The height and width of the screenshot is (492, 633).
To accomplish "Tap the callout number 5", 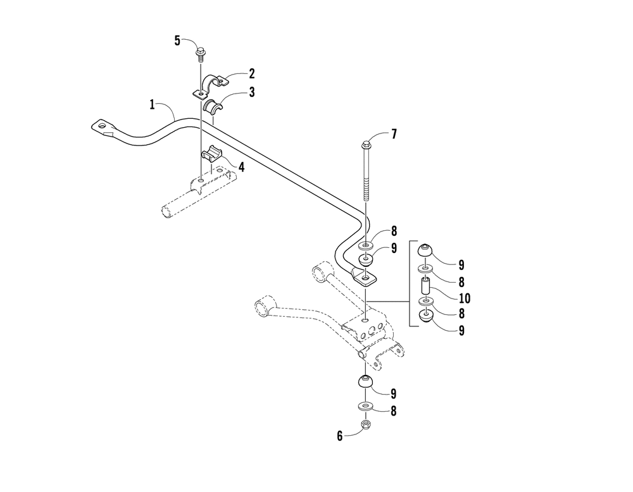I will point(177,41).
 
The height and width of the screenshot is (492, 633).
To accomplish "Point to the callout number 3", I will point(251,92).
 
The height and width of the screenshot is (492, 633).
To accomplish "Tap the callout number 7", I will point(394,134).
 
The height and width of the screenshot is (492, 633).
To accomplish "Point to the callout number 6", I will point(339,436).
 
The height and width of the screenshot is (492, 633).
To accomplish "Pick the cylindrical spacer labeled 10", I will point(426,292).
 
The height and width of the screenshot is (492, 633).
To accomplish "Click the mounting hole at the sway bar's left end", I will point(102,125).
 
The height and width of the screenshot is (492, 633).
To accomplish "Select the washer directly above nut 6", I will point(365,405).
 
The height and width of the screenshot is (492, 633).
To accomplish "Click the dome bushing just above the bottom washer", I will point(365,382).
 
